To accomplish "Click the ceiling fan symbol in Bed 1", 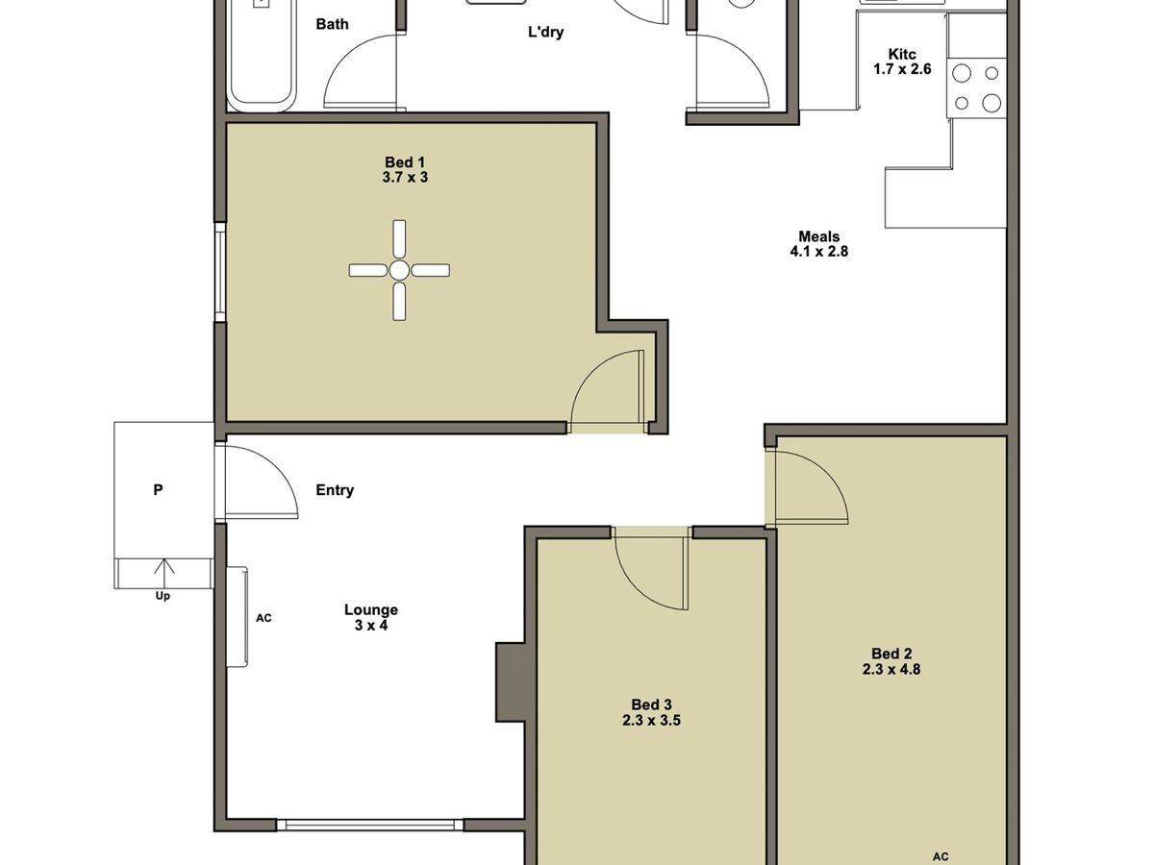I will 399,270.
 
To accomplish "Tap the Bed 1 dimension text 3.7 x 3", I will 405,177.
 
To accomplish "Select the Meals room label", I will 818,236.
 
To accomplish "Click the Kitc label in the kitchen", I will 901,55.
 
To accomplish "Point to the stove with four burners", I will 976,87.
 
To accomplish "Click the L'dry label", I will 545,33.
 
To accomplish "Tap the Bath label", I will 332,24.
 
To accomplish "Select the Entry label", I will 335,490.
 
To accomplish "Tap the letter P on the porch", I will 158,490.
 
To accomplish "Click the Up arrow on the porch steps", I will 163,574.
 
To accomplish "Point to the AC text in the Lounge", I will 263,618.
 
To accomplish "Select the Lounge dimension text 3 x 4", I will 371,626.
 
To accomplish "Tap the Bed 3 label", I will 651,704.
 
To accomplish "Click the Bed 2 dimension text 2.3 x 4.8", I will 891,670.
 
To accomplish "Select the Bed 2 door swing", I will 808,487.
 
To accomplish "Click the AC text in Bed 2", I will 941,856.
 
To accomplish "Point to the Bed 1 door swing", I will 609,389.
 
